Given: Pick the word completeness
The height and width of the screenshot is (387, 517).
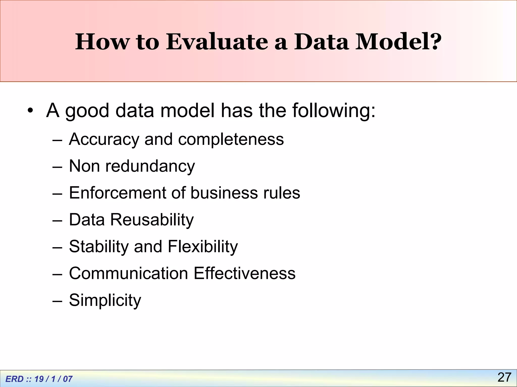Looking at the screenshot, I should click(x=231, y=139).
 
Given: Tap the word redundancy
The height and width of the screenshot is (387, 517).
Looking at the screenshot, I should click(x=150, y=166).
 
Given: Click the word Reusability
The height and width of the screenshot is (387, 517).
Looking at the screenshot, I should click(x=152, y=220).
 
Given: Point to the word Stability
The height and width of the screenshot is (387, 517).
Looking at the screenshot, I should click(x=99, y=246).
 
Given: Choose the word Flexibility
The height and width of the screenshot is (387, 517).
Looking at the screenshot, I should click(x=203, y=246).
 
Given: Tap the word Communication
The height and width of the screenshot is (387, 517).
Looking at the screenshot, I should click(x=128, y=273).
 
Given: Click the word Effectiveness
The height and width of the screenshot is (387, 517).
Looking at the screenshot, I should click(x=244, y=273).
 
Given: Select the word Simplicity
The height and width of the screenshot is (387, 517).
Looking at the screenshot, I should click(x=105, y=300).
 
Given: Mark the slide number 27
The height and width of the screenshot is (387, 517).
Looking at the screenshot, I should click(x=504, y=377).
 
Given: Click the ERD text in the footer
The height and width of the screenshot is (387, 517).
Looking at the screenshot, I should click(x=15, y=379).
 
